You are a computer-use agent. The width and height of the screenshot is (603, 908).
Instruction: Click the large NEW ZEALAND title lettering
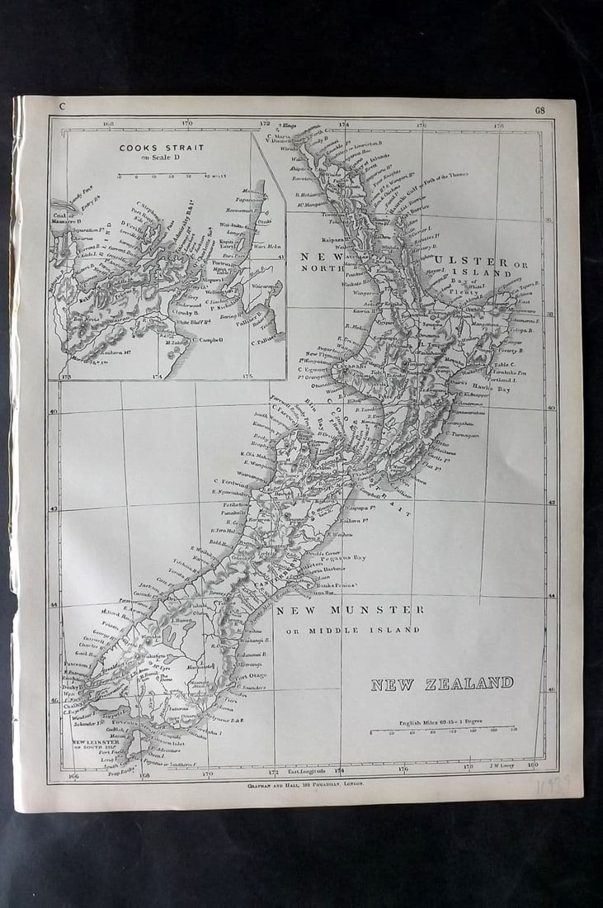[x=441, y=683]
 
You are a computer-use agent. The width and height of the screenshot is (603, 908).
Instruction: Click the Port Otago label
[x=251, y=676]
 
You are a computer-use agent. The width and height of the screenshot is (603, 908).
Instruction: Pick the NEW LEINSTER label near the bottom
[x=96, y=742]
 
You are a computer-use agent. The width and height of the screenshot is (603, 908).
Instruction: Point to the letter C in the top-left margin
[x=61, y=106]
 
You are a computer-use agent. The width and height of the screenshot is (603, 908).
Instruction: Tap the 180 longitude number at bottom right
[x=532, y=765]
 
